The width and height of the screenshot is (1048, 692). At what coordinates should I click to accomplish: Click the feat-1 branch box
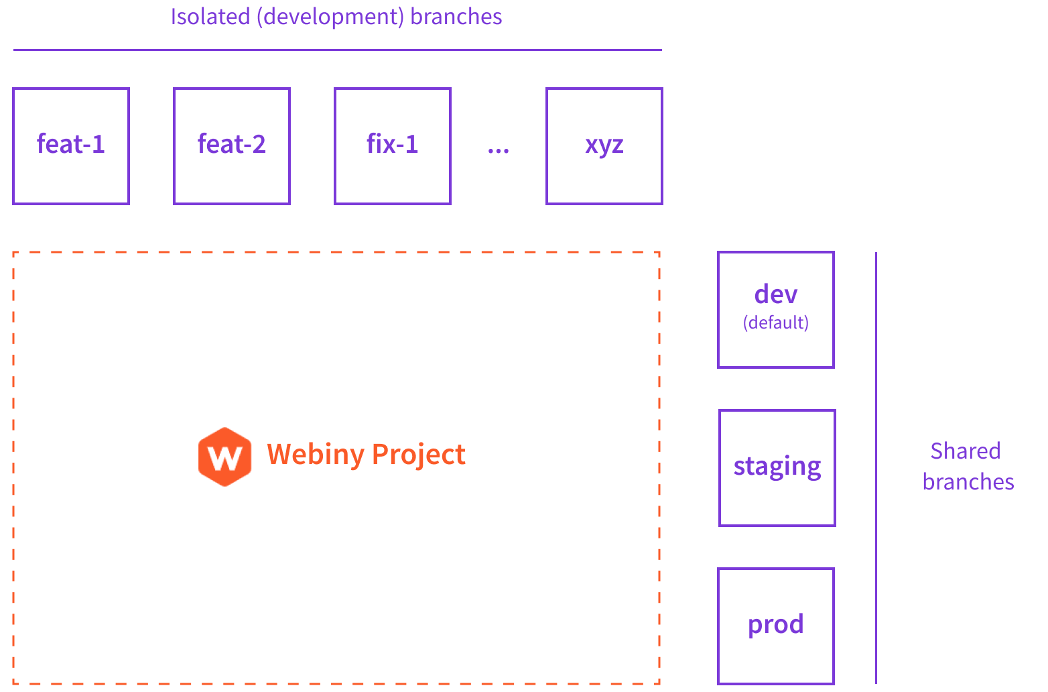point(71,146)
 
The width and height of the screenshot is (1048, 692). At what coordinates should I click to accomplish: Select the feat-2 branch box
point(232,146)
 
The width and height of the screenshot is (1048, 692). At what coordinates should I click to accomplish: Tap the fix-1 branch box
point(393,146)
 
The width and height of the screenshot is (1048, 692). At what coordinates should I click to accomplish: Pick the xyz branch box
point(604,146)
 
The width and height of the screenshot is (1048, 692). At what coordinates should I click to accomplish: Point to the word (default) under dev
point(776,323)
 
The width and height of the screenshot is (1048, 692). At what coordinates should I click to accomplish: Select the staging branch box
point(777,467)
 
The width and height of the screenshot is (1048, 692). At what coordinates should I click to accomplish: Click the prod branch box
point(776,626)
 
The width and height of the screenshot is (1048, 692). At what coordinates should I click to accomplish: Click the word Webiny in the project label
point(315,455)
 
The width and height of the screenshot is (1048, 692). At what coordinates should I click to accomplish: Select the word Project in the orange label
point(419,455)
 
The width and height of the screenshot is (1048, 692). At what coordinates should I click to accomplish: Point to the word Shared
point(966,451)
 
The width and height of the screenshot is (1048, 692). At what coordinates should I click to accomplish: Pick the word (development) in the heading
point(330,17)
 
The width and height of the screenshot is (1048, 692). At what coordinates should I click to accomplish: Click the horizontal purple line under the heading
point(337,50)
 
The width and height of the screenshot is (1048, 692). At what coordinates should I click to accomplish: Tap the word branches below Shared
point(968,482)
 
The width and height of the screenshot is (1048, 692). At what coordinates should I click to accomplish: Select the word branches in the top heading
point(456,17)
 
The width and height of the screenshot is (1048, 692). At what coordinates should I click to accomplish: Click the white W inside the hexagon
point(225,459)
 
